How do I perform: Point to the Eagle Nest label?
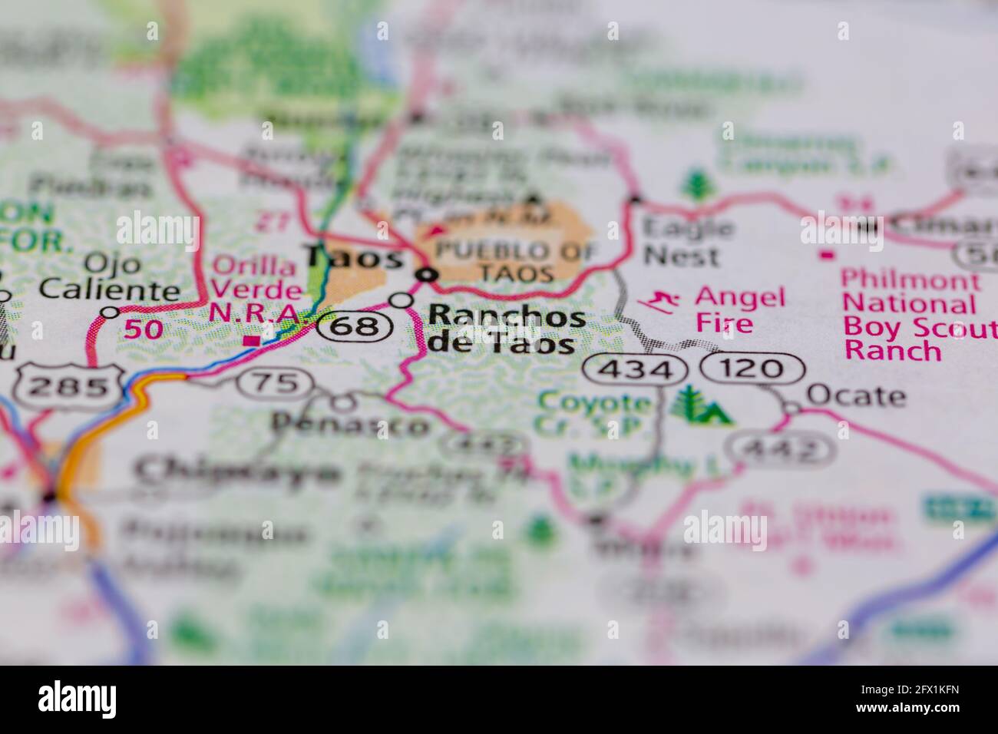click(688, 241)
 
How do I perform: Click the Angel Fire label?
click(740, 309)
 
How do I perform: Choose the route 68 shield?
click(356, 326)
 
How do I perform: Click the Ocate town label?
click(855, 396)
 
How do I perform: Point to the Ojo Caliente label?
click(110, 277)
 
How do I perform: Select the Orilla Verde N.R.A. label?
click(256, 290)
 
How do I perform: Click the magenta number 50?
click(144, 329)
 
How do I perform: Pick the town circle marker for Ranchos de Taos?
click(402, 300)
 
